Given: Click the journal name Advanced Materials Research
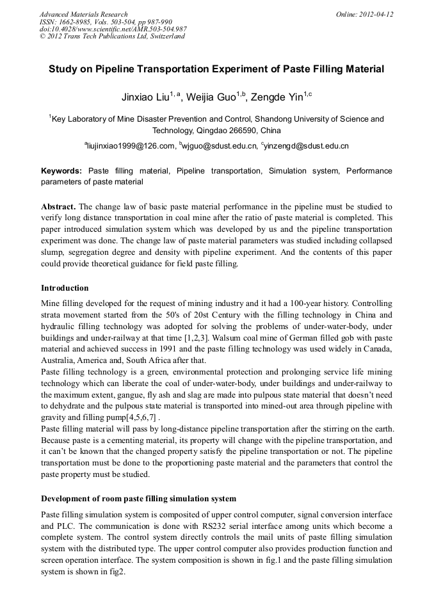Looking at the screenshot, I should [83, 14].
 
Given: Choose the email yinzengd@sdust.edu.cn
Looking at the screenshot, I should [306, 146].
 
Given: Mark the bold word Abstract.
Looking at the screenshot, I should [59, 207].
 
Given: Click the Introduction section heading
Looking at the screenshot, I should [65, 288].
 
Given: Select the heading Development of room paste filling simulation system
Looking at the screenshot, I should [138, 498].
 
